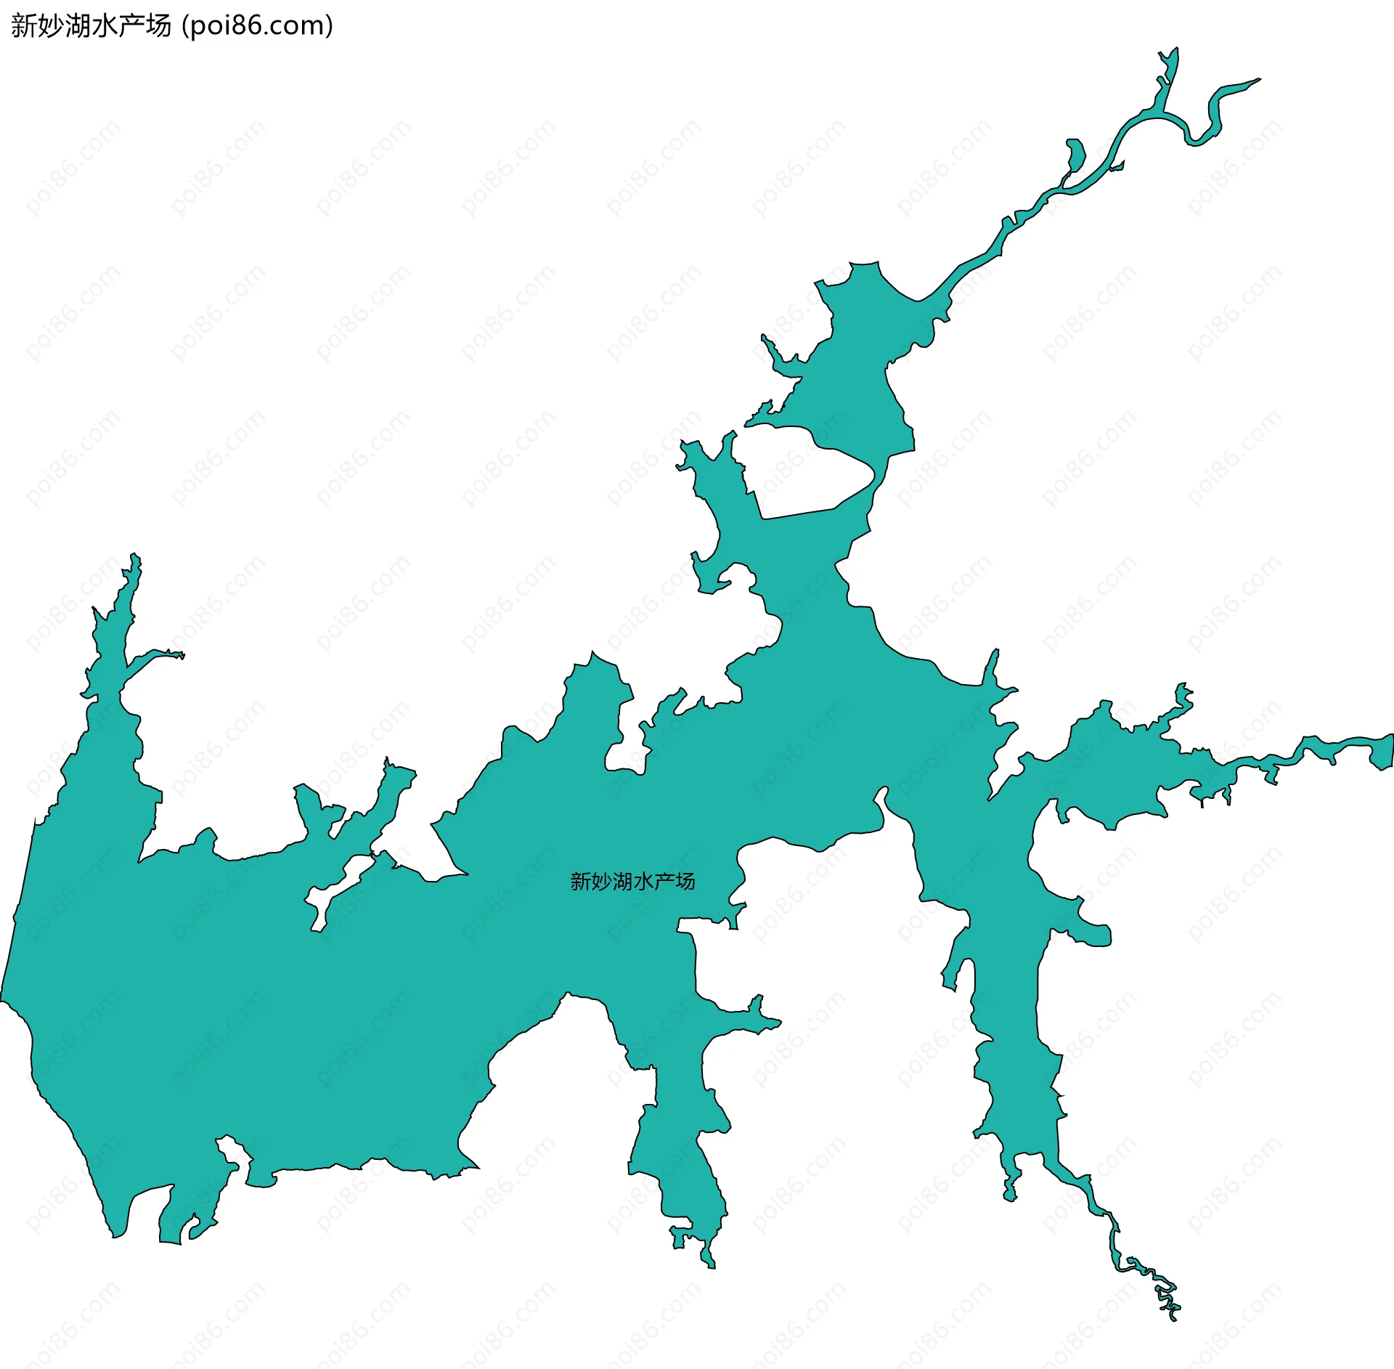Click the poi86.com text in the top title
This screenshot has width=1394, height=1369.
(257, 26)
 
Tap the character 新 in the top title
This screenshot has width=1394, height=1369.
(24, 26)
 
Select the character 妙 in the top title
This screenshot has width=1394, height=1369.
(51, 26)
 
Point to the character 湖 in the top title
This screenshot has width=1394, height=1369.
(78, 26)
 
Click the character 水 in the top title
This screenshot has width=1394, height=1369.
(105, 26)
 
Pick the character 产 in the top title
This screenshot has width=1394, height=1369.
(131, 26)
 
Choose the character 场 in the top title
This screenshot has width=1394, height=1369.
(158, 26)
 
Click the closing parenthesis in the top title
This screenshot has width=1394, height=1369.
(330, 26)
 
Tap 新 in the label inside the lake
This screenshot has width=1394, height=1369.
(581, 882)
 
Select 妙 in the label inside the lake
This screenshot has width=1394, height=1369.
(602, 882)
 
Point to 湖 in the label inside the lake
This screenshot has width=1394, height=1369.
(623, 882)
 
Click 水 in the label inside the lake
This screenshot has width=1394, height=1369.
(643, 882)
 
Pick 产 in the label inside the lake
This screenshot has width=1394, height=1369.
(664, 882)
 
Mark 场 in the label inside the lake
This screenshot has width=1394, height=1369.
(685, 882)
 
